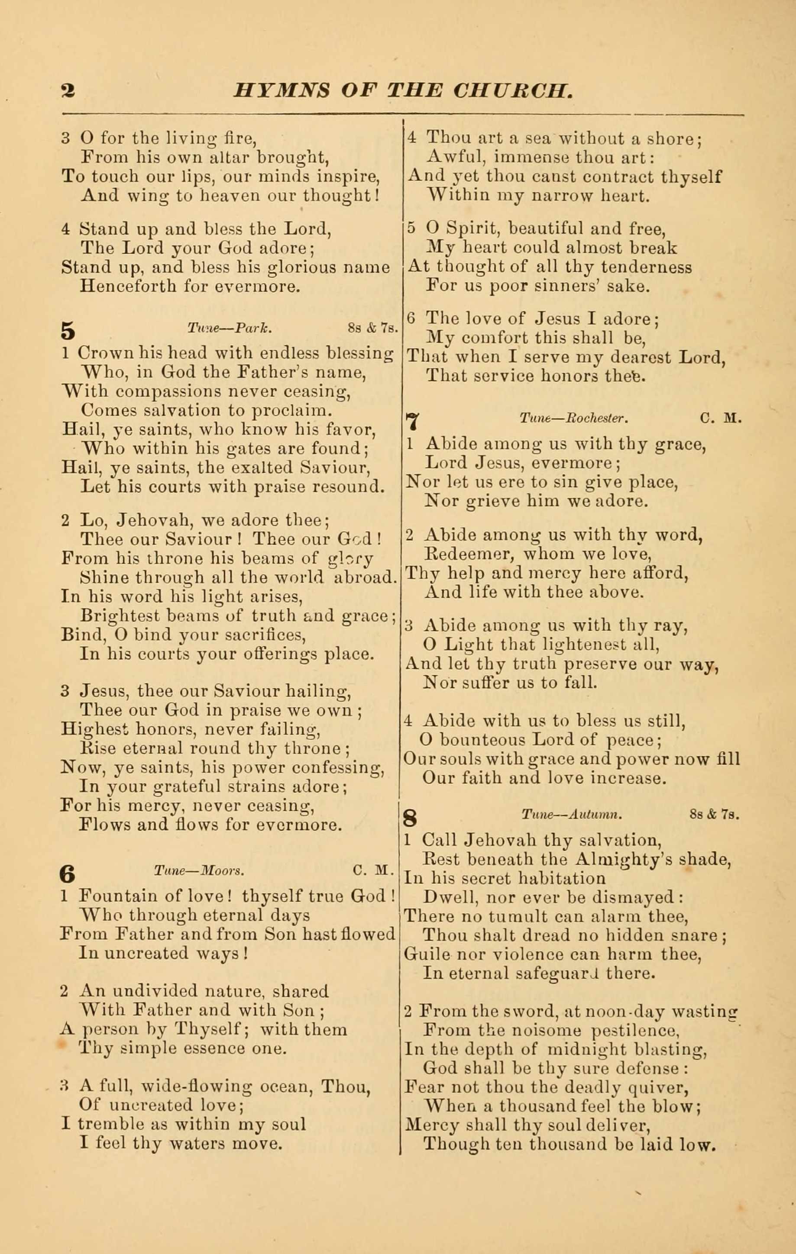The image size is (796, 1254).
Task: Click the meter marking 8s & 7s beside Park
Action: point(372,329)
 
